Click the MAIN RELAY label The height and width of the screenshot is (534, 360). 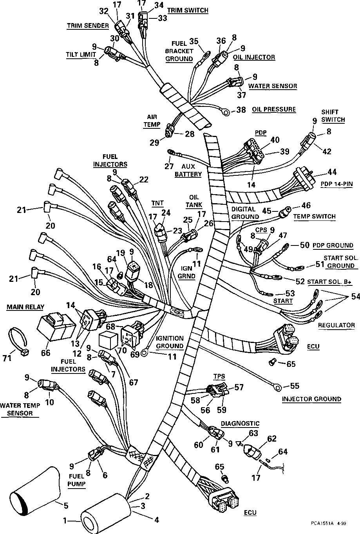[x=25, y=307]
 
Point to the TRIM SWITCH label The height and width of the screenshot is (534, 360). [x=188, y=10]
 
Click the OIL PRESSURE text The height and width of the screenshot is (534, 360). [x=274, y=109]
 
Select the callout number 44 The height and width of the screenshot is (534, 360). [x=332, y=172]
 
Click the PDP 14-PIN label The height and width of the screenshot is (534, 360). [x=336, y=184]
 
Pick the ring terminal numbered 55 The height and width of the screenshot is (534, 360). [x=277, y=388]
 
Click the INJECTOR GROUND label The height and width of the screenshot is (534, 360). [x=311, y=399]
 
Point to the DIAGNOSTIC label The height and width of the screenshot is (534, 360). [x=240, y=423]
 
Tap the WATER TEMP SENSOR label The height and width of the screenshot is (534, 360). [x=19, y=409]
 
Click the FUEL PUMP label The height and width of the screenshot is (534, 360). [x=77, y=479]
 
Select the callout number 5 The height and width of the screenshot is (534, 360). [x=65, y=506]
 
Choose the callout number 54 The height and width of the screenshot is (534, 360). [x=355, y=297]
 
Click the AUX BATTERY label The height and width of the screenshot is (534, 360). [x=188, y=170]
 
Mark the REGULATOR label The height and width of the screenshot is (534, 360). [x=336, y=325]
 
